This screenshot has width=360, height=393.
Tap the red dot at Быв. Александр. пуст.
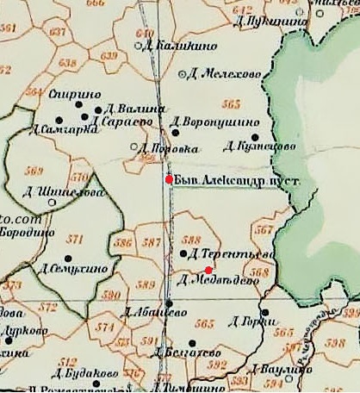point(170,179)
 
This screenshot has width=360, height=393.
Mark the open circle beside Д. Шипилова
point(53,203)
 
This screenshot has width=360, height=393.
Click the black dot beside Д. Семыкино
point(68,258)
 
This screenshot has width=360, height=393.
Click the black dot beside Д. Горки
point(266,313)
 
